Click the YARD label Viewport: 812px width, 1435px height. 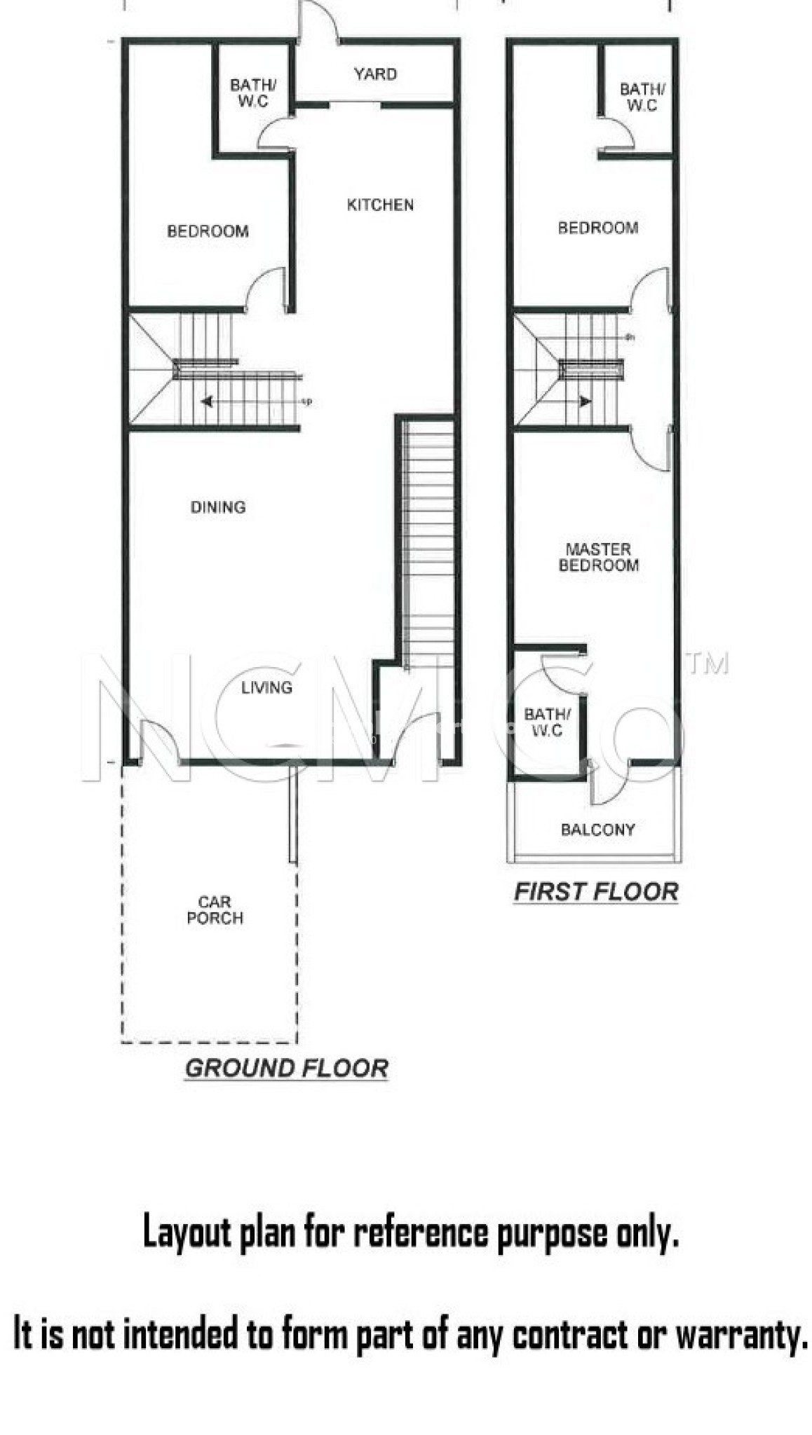point(375,74)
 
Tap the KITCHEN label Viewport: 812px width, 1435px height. point(380,205)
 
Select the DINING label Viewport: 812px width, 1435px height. point(218,507)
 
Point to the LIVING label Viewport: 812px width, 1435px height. point(266,687)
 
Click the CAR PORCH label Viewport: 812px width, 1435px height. point(215,910)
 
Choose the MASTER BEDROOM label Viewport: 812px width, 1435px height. point(598,557)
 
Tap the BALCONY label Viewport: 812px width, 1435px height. point(597,830)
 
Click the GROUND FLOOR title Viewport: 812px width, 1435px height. point(286,1068)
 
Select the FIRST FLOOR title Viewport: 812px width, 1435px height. point(596,891)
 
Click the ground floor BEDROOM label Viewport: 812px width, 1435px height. point(208,231)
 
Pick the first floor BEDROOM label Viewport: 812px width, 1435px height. point(597,228)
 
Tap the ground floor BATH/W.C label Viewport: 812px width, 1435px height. point(253,93)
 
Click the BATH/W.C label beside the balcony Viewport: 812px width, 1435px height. point(548,722)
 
